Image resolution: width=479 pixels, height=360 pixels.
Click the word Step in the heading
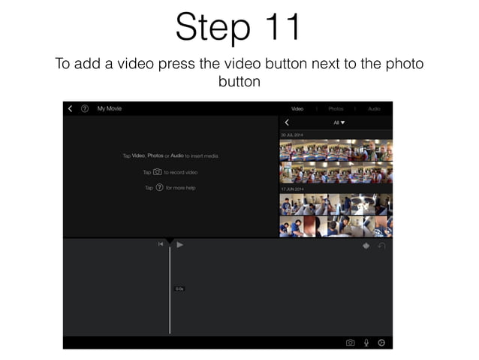click(x=207, y=28)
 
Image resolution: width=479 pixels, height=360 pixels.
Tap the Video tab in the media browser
click(x=297, y=109)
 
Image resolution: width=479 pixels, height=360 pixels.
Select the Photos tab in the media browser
click(x=336, y=109)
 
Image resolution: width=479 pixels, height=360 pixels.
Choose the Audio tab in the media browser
click(x=374, y=109)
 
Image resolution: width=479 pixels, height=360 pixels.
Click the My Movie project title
click(x=109, y=109)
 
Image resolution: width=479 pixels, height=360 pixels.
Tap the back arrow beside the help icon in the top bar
click(x=71, y=109)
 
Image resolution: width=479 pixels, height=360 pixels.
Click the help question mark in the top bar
click(x=84, y=109)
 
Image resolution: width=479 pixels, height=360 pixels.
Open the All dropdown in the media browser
click(x=339, y=123)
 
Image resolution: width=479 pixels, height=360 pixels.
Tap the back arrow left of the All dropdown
click(x=287, y=123)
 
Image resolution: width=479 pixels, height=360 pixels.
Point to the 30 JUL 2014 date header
click(x=292, y=135)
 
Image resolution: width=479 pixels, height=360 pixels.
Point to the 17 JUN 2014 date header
click(x=292, y=189)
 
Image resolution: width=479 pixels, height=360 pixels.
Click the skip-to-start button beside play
click(x=161, y=244)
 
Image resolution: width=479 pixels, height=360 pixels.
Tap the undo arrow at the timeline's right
click(x=381, y=246)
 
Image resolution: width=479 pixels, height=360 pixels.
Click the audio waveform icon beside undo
click(x=366, y=246)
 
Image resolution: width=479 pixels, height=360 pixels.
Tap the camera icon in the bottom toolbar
click(x=350, y=343)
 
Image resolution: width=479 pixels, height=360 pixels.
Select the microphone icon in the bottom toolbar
click(x=366, y=343)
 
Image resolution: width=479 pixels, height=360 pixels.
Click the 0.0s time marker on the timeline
click(x=179, y=289)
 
